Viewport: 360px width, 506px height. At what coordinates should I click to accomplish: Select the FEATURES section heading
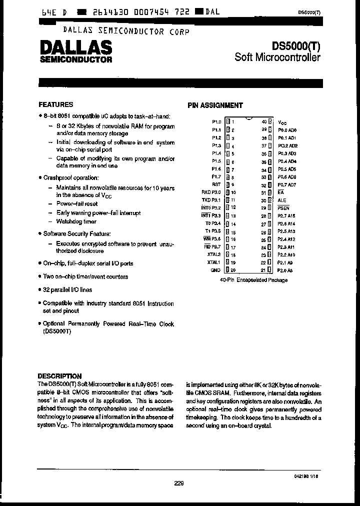point(56,104)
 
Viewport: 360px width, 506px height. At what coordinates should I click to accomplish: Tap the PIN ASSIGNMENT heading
point(215,105)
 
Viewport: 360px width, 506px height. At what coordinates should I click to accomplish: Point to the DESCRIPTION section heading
point(60,376)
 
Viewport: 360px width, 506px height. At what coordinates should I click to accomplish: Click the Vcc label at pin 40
point(282,122)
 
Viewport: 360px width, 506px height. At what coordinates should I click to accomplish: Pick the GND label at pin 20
point(216,270)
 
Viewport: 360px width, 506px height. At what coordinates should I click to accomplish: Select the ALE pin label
point(282,200)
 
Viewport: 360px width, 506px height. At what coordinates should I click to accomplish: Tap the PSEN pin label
point(283,208)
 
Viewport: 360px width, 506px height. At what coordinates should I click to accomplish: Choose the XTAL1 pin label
point(214,262)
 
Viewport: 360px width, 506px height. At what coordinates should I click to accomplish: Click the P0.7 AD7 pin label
point(287,184)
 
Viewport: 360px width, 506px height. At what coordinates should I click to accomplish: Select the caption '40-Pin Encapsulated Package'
point(253,280)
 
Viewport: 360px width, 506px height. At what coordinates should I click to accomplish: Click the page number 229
point(179,483)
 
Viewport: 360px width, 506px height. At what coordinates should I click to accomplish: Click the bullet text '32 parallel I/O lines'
point(67,289)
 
